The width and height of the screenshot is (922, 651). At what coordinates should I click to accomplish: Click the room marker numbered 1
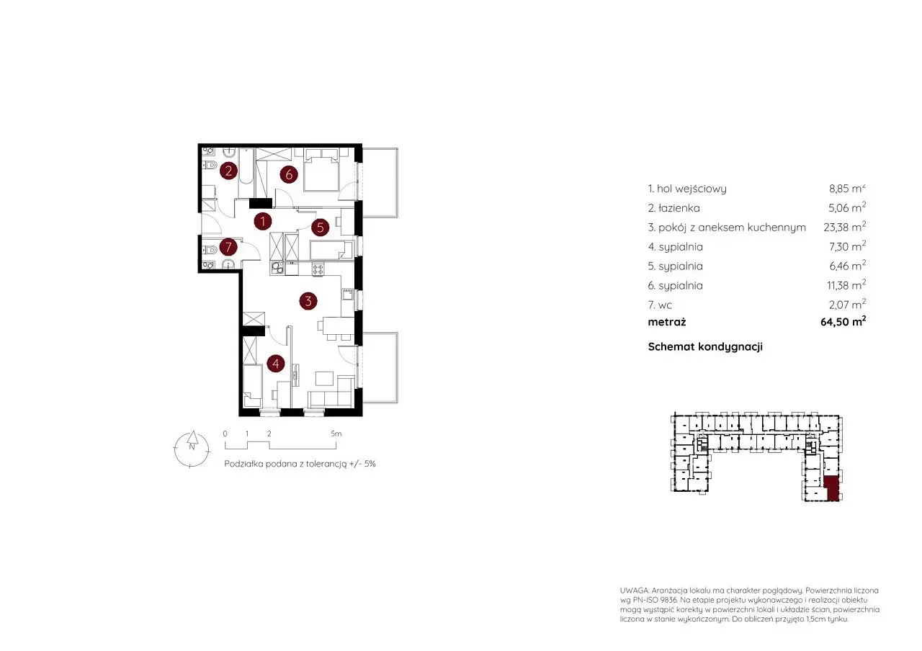[x=263, y=221]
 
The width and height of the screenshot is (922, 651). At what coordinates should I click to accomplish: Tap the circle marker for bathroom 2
[x=228, y=171]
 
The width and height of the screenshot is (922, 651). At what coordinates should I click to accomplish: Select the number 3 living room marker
[x=308, y=301]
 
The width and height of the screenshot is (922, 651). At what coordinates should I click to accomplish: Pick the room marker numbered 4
[x=276, y=364]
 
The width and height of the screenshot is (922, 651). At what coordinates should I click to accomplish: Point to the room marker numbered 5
[x=321, y=227]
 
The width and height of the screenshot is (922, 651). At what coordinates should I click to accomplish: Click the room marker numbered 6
[x=289, y=174]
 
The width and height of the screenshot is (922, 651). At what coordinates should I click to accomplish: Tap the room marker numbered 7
[x=228, y=247]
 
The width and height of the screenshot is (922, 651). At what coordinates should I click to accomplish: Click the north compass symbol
[x=192, y=449]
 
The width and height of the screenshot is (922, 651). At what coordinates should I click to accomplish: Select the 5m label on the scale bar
[x=336, y=434]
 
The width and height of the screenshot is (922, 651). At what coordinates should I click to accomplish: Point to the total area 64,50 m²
[x=843, y=321]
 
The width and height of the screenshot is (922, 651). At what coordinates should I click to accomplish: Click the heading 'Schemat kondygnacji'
[x=705, y=347]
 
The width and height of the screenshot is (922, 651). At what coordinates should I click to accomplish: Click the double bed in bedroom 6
[x=321, y=174]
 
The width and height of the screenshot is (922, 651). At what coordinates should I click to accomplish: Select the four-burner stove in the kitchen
[x=318, y=269]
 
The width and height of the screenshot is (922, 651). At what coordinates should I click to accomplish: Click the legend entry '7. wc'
[x=660, y=305]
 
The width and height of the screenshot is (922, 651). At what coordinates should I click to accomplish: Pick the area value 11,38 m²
[x=846, y=284]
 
